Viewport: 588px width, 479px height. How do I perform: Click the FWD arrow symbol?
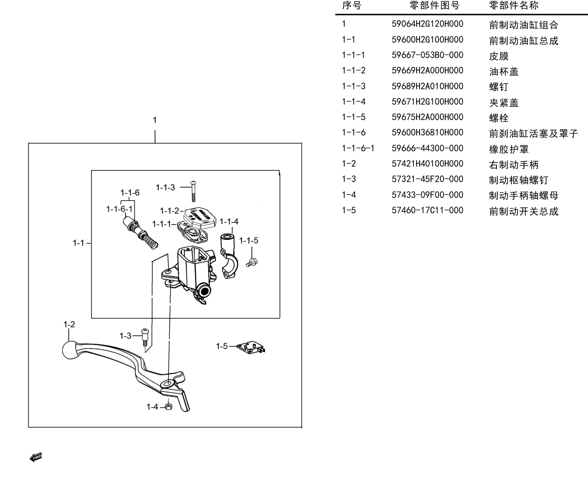click(36, 457)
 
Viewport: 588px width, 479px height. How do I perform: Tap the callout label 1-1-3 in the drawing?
click(165, 188)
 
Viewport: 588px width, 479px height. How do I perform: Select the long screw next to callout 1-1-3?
click(193, 191)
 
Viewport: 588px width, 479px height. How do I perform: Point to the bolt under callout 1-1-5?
click(252, 262)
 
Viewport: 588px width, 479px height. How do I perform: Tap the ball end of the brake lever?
click(70, 350)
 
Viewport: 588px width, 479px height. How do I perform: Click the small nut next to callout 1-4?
click(168, 407)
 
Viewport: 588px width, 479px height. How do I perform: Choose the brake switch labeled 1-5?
click(251, 347)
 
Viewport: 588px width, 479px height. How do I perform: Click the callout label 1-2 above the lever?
click(69, 325)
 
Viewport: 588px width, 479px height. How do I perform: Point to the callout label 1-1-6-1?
click(119, 209)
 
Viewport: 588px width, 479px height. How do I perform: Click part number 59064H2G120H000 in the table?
click(427, 24)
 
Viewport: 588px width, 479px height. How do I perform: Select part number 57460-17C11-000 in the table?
click(427, 210)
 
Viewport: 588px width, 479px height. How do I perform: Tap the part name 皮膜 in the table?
click(499, 56)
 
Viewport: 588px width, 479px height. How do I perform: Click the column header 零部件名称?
click(514, 5)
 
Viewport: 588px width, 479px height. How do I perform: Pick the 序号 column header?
click(352, 5)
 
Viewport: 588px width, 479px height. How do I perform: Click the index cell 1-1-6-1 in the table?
click(358, 148)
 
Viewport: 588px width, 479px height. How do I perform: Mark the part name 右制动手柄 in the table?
click(514, 165)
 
